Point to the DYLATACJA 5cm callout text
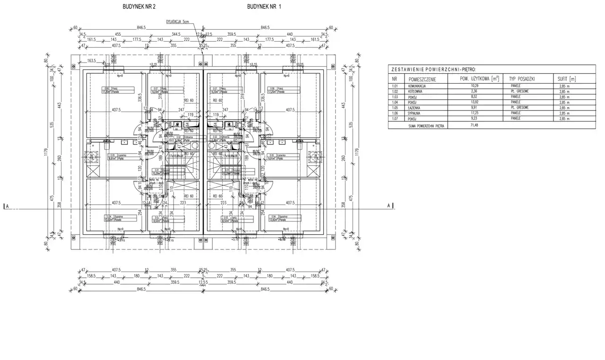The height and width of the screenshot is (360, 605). [178, 22]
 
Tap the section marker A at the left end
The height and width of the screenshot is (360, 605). [6, 206]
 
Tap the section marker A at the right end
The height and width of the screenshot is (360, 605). [389, 206]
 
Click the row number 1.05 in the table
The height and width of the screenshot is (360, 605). [395, 108]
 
